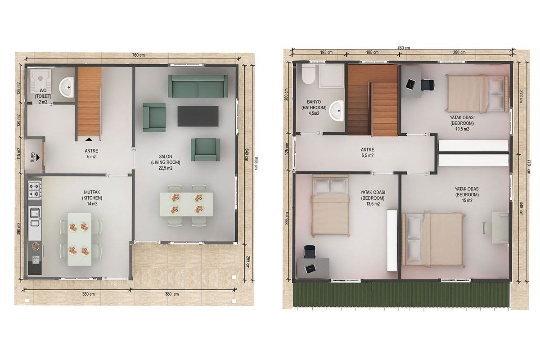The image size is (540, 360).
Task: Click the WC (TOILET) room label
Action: [x=43, y=96]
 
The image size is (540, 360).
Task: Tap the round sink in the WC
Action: [x=67, y=87]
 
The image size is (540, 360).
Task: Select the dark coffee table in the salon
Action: [x=198, y=116]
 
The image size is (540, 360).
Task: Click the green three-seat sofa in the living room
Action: [x=198, y=86]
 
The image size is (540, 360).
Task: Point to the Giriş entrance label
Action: [x=33, y=156]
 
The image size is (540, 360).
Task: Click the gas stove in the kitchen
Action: [x=35, y=190]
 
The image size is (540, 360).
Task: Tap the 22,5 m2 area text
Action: [x=166, y=168]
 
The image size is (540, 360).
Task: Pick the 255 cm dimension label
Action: [x=247, y=262]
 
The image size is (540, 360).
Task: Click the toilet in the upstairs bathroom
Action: [x=308, y=74]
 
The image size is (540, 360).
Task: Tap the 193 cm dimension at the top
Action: [x=326, y=52]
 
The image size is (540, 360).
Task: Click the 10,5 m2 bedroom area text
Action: [x=462, y=129]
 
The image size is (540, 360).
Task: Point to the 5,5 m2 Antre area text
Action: [x=368, y=156]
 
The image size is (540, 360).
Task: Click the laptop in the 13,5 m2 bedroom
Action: [x=310, y=269]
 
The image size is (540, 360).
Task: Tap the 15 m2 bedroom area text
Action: [x=467, y=201]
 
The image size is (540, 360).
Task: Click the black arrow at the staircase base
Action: [x=89, y=139]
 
